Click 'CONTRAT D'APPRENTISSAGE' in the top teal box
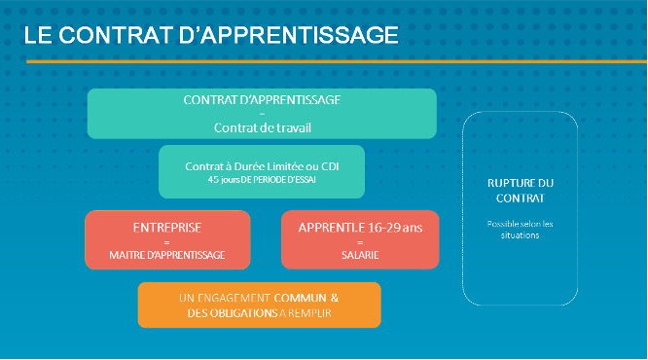262,100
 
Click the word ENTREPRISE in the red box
166,227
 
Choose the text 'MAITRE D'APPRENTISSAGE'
166,255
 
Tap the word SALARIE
359,255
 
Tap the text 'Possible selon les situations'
520,230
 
